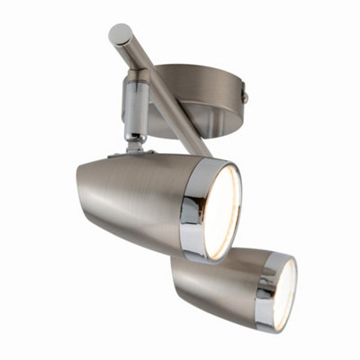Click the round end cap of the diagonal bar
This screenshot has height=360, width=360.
coord(119,35)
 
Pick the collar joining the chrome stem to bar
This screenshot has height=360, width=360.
coord(132,81)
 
